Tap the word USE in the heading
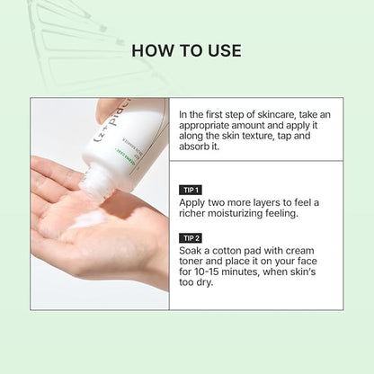[x=222, y=50]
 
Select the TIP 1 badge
[x=190, y=191]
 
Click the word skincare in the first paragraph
[x=271, y=114]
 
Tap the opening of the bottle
[x=93, y=184]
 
